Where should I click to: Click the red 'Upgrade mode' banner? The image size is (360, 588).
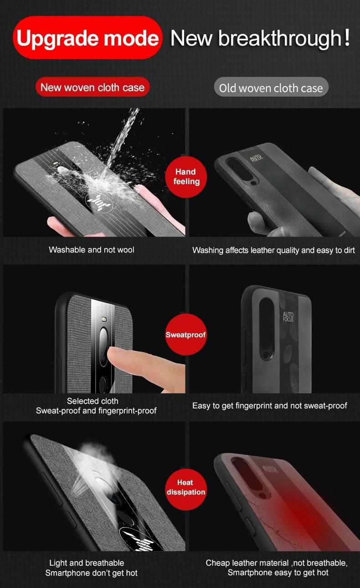pos(87,37)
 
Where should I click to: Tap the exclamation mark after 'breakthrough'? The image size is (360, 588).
pos(347,37)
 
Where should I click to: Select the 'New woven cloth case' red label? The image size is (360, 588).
pos(93,87)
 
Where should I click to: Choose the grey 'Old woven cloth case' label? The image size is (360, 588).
pos(271,87)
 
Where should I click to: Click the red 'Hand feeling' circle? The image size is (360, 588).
pos(186,177)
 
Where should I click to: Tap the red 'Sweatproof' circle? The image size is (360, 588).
pos(186,335)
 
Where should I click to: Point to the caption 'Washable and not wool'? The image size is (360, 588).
pos(91,250)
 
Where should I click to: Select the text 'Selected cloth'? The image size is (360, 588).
pos(93,401)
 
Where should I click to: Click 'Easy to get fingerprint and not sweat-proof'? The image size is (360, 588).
pos(269,406)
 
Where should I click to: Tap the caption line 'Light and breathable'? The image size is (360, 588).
pos(87,563)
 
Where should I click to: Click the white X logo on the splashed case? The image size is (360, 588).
pos(99,203)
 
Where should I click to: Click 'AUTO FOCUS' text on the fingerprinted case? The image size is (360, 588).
pos(288,317)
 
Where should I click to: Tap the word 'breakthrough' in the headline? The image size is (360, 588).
pos(280,38)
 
